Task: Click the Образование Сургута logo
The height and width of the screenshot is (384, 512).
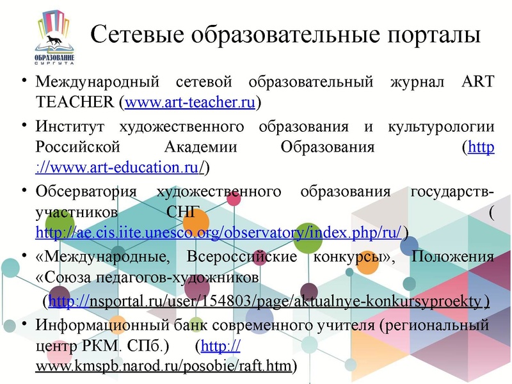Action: point(54,42)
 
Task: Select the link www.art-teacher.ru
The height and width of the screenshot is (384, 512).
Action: point(191,102)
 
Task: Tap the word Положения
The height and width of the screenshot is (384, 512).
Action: point(452,257)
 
